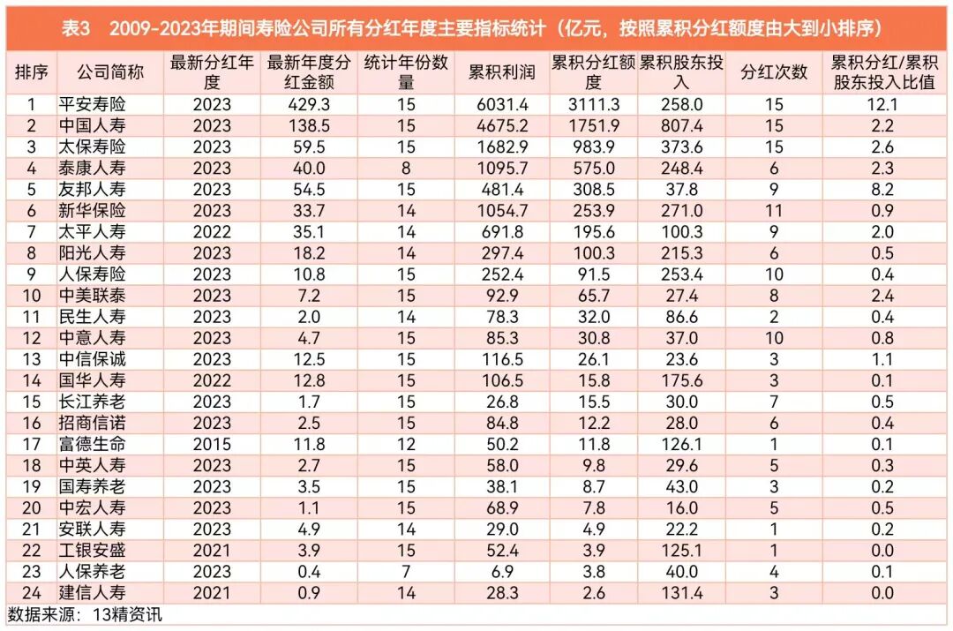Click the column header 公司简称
(x=110, y=72)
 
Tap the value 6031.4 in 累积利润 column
(x=502, y=104)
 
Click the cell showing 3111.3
(x=593, y=104)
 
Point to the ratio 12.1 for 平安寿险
(x=882, y=104)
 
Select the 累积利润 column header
(x=501, y=72)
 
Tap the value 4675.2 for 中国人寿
(x=502, y=125)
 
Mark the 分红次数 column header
(x=774, y=72)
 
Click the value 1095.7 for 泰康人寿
(x=502, y=168)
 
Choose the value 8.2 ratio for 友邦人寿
(x=882, y=189)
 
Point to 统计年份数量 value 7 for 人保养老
(x=406, y=572)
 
